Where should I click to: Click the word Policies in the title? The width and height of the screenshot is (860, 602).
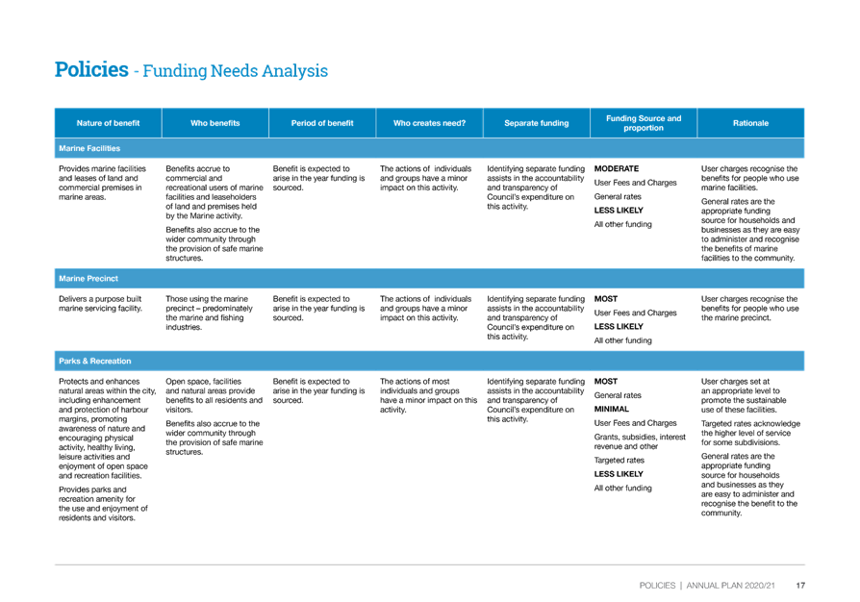coord(91,69)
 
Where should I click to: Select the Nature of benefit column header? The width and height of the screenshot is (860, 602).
coord(108,123)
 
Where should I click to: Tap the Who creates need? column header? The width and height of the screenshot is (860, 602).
coord(429,123)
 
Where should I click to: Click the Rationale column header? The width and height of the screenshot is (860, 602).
coord(751,123)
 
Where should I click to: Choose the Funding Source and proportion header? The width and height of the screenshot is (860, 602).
coord(644,123)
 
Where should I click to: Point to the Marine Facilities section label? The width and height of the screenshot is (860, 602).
coord(89,148)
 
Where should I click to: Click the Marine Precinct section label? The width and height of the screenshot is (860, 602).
coord(89,279)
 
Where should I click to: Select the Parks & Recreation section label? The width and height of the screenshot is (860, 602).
coord(95,361)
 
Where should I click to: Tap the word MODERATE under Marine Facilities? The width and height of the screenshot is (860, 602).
coord(617,168)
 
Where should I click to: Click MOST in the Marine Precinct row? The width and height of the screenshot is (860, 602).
coord(605,299)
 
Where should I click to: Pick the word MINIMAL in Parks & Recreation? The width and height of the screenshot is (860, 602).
coord(612,409)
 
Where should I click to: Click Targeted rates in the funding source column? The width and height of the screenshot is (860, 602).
coord(620,460)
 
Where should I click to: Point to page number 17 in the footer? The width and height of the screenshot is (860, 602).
coord(800,586)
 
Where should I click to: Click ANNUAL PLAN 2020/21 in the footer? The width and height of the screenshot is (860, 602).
coord(731,586)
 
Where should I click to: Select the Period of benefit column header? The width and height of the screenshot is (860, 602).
coord(322,123)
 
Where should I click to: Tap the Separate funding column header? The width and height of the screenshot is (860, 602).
coord(537,123)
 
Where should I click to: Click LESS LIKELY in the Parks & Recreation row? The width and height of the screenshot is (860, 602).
coord(619,474)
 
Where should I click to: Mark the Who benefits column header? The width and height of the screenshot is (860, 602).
coord(215,123)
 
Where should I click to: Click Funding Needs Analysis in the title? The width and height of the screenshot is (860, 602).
coord(236,71)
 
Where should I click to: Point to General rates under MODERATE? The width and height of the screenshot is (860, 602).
coord(618,196)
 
